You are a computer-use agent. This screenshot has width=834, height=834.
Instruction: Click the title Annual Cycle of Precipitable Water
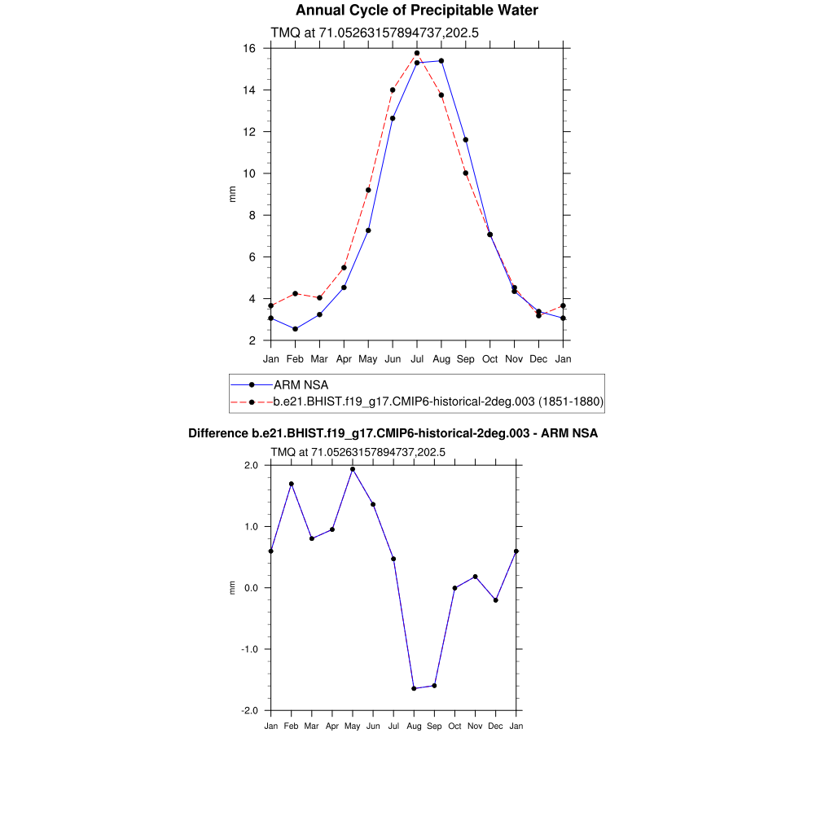[x=416, y=11]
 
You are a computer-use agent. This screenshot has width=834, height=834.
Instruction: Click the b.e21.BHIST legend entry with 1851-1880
[x=437, y=402]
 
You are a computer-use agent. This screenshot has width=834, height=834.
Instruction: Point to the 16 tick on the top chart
[x=251, y=49]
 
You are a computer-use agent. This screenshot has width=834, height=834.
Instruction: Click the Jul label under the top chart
[x=417, y=358]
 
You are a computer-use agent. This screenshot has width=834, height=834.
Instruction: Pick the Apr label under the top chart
[x=344, y=358]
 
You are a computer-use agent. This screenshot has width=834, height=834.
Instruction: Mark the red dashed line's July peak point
[x=417, y=53]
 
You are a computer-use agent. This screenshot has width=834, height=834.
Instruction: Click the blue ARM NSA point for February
[x=295, y=329]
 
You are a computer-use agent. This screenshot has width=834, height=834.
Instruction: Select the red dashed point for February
[x=295, y=293]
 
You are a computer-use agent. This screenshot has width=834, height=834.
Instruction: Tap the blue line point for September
[x=466, y=140]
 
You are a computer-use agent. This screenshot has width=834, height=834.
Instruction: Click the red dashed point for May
[x=368, y=190]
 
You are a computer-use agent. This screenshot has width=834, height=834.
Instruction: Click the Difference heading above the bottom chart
[x=393, y=433]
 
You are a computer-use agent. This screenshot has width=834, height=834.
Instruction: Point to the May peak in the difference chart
[x=353, y=469]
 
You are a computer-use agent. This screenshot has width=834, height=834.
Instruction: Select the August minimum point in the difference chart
[x=414, y=688]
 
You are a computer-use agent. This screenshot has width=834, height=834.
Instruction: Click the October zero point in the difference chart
[x=454, y=588]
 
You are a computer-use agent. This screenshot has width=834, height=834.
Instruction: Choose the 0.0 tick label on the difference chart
[x=249, y=588]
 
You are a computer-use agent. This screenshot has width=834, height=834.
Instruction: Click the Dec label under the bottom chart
[x=495, y=726]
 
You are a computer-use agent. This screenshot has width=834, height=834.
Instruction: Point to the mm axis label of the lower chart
[x=232, y=587]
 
